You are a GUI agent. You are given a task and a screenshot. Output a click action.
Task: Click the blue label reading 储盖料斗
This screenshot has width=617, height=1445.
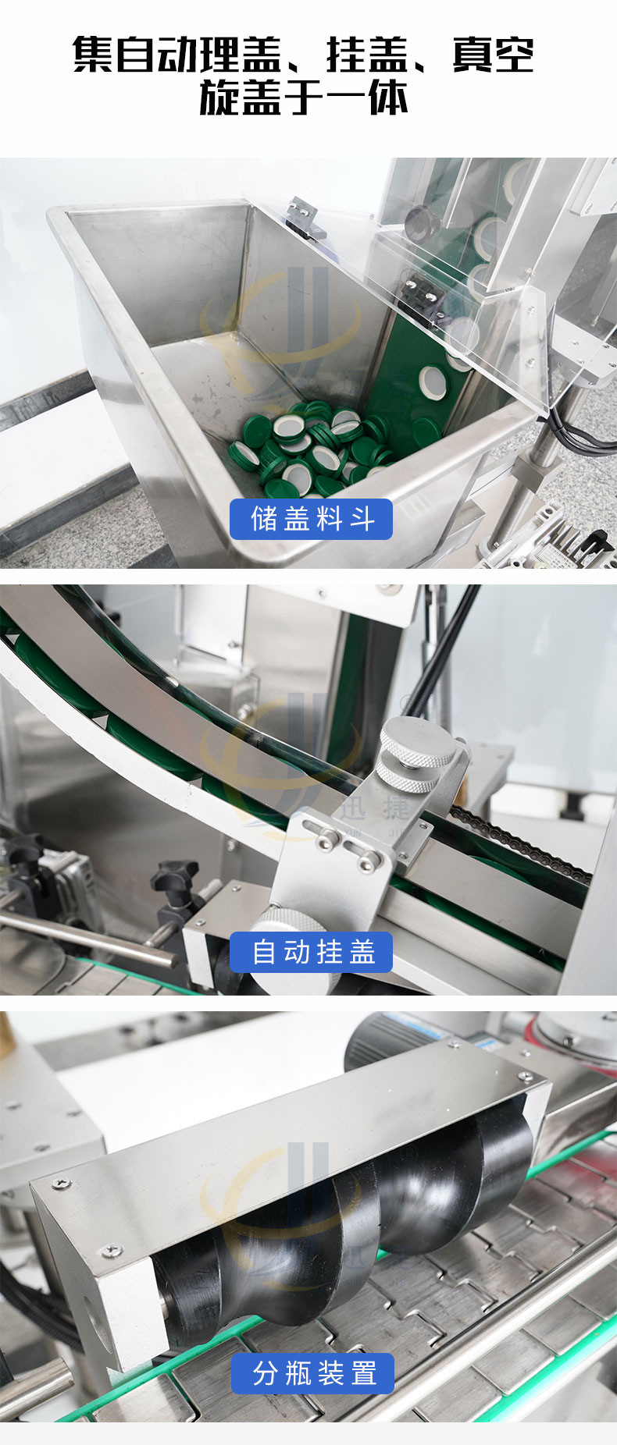[x=311, y=519]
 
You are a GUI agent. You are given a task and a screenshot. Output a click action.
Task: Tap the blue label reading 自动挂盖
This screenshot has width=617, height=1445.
[x=311, y=952]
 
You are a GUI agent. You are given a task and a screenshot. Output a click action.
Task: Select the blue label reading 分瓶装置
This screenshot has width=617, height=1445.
[x=312, y=1373]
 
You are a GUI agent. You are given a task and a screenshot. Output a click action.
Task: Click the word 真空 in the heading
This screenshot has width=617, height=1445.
[x=493, y=56]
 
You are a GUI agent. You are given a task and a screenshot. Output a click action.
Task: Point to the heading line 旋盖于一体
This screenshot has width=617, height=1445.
[x=304, y=99]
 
